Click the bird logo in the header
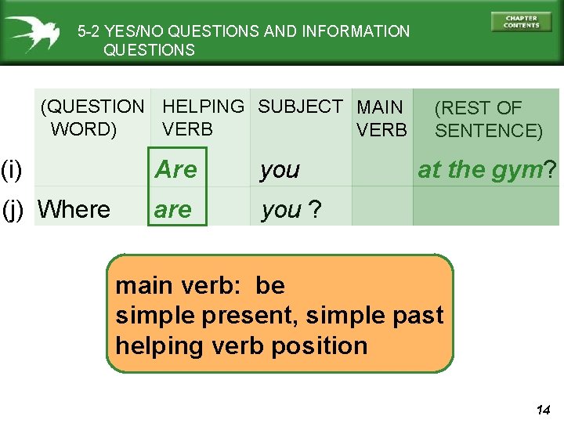[x=33, y=33]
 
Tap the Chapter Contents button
[x=521, y=22]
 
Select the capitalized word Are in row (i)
[x=176, y=170]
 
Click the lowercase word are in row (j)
[x=173, y=209]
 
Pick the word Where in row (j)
[x=74, y=209]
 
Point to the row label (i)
[x=11, y=168]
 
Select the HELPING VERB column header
[x=203, y=117]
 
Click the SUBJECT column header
[x=300, y=107]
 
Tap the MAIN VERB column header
[x=381, y=118]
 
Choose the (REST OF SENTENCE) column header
[x=488, y=119]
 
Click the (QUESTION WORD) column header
[x=92, y=117]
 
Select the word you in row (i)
[x=280, y=170]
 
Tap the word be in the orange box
[x=269, y=285]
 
